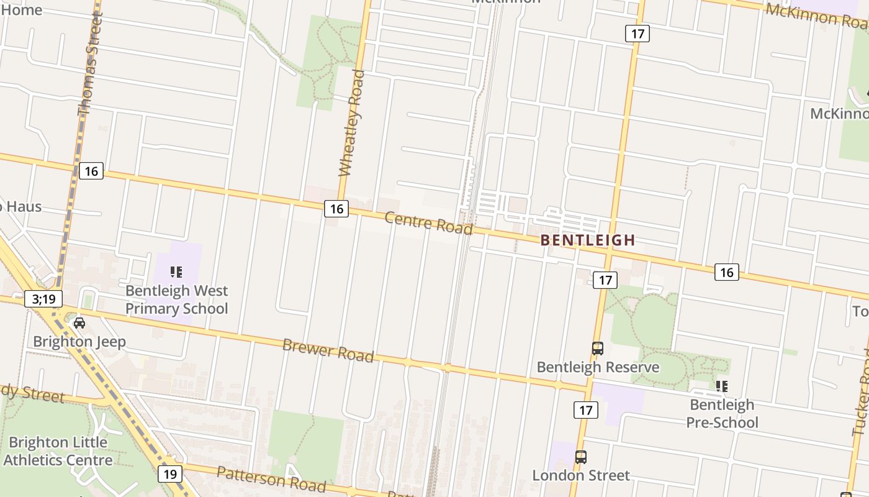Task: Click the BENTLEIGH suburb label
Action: (x=587, y=240)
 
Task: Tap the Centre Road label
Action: (x=428, y=222)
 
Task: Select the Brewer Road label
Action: (x=328, y=350)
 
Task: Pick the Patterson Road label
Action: (x=271, y=477)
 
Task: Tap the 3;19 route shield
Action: (x=43, y=299)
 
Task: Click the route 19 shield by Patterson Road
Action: (x=170, y=474)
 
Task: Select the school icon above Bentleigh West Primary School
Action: (x=176, y=271)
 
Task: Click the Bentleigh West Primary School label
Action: (x=177, y=299)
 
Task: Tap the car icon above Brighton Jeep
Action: (x=79, y=322)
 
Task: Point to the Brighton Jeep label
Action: (x=79, y=342)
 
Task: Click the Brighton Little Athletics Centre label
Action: (x=58, y=451)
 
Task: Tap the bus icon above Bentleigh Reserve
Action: (x=598, y=349)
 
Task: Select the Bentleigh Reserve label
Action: (x=598, y=367)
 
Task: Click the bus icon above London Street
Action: (x=581, y=457)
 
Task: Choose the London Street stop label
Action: (x=581, y=475)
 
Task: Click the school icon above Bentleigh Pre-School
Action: (x=722, y=386)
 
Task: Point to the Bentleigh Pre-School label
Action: (x=723, y=414)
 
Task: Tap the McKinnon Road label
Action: (x=816, y=16)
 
